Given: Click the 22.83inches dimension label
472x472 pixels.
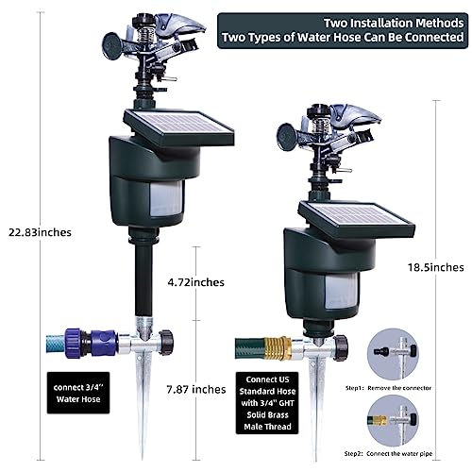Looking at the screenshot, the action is coord(40,232).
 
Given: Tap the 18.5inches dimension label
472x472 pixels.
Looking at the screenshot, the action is coord(436,267).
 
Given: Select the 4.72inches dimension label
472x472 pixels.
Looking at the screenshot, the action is coord(196,282).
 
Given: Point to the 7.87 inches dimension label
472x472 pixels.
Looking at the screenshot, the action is coord(196,390).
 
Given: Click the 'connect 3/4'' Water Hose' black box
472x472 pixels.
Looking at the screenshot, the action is coord(78,393).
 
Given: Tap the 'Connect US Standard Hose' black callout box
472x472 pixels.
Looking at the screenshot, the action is coord(267,403).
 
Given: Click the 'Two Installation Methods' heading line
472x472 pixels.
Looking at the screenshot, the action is coord(394,23).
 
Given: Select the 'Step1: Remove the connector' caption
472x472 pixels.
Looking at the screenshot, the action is coord(388,388).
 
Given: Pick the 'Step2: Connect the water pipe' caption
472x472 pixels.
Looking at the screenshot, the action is coord(388,454).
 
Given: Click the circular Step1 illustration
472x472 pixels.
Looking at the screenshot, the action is coord(393,355).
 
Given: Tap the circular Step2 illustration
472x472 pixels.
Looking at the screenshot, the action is coord(393,421).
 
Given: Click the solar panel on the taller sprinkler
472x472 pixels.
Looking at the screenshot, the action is coord(178,126).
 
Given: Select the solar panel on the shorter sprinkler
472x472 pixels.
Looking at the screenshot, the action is coord(357,218).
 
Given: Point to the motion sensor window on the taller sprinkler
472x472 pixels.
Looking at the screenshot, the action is coord(167,198).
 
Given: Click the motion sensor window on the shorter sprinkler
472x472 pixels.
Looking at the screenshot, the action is coord(342,291).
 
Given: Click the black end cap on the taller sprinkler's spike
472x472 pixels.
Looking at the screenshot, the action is coord(166,343).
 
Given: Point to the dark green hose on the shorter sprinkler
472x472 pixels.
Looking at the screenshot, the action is coord(250,348).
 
